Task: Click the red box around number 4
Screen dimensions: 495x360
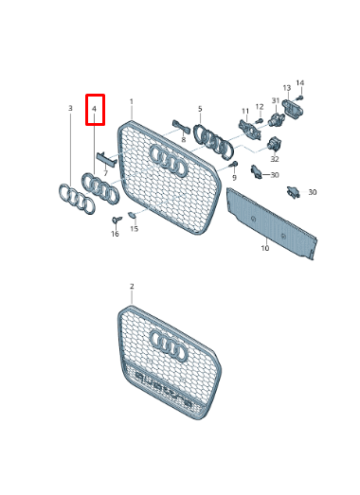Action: tap(95, 110)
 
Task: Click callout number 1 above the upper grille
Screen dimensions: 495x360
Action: tap(132, 101)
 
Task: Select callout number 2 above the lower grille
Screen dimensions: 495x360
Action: tap(132, 286)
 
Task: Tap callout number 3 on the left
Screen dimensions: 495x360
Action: tap(70, 109)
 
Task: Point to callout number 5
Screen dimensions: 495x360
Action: tap(200, 109)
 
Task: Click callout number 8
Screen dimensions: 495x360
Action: tap(184, 140)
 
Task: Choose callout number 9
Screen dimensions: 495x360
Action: tap(233, 178)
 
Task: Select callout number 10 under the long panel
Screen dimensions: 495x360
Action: tap(265, 248)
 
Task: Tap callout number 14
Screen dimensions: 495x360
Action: tap(300, 83)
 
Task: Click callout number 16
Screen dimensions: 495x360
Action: tap(115, 234)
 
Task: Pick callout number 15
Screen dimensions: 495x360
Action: tap(134, 229)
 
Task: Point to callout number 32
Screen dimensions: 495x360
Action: tap(274, 159)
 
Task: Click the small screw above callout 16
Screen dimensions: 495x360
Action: tap(116, 221)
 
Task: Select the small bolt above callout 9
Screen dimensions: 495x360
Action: tap(233, 165)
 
